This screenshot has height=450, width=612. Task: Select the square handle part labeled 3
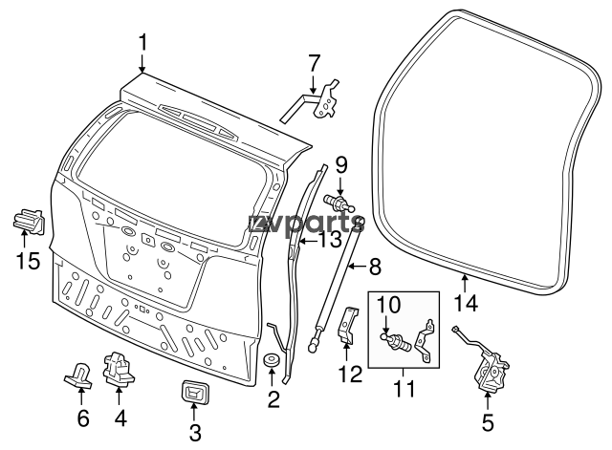195,395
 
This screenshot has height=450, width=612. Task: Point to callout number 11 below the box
404,389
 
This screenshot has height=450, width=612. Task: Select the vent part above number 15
29,223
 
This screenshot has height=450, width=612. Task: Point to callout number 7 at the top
313,64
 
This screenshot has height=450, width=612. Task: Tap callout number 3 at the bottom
195,433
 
